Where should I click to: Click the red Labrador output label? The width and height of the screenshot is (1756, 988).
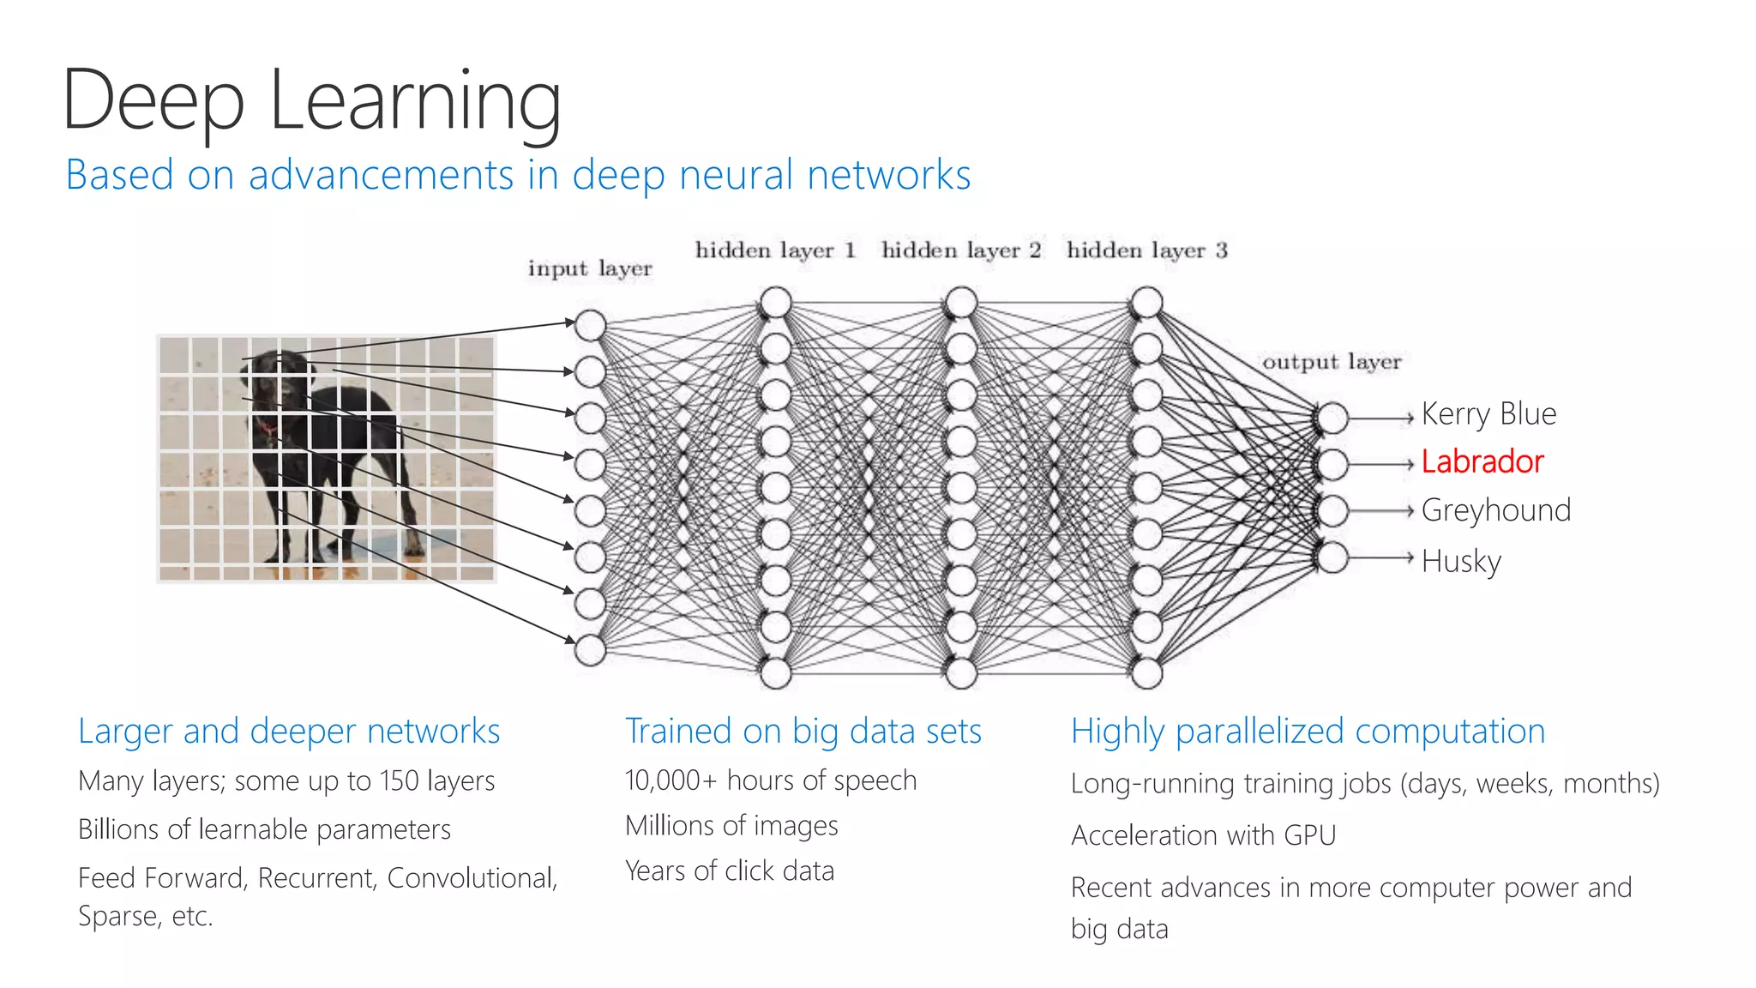tap(1482, 461)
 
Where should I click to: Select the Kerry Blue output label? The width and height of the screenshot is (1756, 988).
tap(1488, 414)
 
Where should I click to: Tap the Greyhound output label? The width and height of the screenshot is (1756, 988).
tap(1495, 510)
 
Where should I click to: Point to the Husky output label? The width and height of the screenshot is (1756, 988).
tap(1461, 561)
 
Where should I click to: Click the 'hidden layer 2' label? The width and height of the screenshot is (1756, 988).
tap(960, 250)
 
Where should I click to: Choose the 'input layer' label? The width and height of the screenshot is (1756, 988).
tap(590, 268)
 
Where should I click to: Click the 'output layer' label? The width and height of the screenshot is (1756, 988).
tap(1332, 362)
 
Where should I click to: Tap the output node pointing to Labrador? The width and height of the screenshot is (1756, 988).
tap(1332, 464)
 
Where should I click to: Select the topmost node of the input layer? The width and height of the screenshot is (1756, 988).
tap(590, 325)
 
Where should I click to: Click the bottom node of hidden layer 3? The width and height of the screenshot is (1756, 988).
tap(1146, 673)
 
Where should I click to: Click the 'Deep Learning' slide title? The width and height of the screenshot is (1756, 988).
tap(312, 101)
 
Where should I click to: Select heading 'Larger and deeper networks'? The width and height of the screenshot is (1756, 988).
tap(289, 731)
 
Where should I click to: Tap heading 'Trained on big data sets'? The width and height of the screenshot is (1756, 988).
tap(803, 731)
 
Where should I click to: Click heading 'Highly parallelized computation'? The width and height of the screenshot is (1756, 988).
tap(1308, 731)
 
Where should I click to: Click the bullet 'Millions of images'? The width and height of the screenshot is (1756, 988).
tap(731, 825)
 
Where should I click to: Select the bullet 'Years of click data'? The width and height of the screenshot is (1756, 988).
tap(730, 871)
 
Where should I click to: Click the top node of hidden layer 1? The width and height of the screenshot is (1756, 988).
tap(775, 302)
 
